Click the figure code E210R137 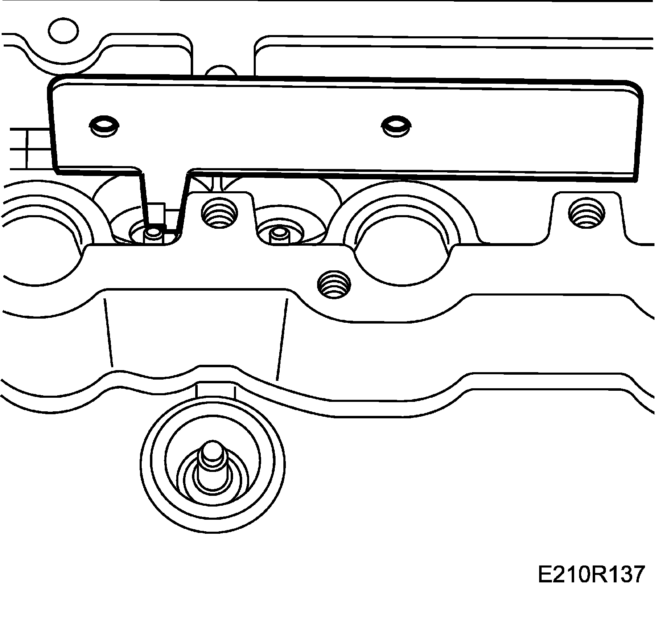(590, 574)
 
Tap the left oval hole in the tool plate (103, 126)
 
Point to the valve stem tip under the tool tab (154, 234)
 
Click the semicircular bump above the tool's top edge (221, 71)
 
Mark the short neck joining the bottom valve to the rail (215, 390)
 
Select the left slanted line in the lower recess (108, 332)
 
